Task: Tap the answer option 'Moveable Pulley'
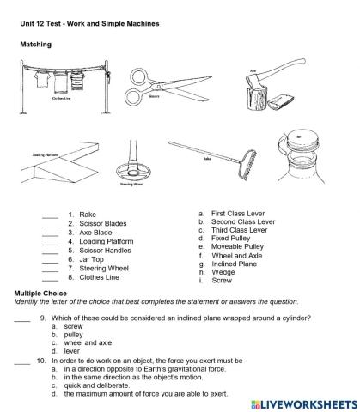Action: point(238,246)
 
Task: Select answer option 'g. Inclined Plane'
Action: point(234,264)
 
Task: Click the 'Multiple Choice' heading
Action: point(41,294)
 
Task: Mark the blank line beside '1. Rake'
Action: point(50,215)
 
